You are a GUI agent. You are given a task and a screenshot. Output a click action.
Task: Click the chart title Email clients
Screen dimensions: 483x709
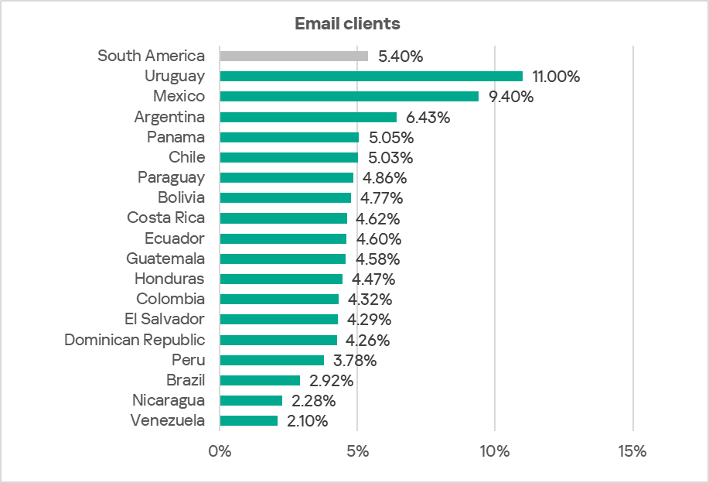click(x=347, y=23)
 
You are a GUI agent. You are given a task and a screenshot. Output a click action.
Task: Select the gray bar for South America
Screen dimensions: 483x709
click(x=294, y=56)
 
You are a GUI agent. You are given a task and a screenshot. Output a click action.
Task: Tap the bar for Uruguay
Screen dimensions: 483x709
click(x=371, y=76)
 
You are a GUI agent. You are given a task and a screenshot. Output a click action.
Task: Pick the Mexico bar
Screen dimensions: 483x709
click(x=349, y=96)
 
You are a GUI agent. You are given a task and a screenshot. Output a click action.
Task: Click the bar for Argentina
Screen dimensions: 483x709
click(x=308, y=117)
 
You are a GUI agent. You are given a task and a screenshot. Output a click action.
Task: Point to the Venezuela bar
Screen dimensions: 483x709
click(x=248, y=420)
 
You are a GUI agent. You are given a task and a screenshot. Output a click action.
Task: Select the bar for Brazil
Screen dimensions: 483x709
click(x=260, y=380)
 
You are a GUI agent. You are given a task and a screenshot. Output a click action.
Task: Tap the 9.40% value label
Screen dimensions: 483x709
click(x=511, y=97)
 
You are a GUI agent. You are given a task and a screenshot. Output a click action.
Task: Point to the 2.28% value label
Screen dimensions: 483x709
click(x=313, y=401)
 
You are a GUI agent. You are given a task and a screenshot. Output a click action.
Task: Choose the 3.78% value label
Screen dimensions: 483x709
click(x=354, y=361)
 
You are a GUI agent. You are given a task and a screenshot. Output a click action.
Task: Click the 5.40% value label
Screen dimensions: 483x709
click(x=401, y=57)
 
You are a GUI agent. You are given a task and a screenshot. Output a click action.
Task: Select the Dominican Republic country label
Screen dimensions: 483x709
click(x=135, y=340)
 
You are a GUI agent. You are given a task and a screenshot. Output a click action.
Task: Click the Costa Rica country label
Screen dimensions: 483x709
click(x=166, y=218)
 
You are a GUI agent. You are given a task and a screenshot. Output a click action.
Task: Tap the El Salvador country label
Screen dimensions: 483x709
click(x=165, y=319)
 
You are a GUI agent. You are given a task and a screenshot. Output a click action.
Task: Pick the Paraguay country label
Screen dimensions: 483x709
click(x=172, y=177)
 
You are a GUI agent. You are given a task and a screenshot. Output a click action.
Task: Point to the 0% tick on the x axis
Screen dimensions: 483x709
click(x=220, y=451)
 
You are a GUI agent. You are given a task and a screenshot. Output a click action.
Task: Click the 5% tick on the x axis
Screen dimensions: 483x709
click(x=357, y=451)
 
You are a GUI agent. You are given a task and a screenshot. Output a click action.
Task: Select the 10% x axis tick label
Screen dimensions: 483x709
click(x=495, y=451)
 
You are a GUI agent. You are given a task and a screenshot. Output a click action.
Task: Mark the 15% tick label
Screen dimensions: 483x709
click(x=632, y=451)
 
